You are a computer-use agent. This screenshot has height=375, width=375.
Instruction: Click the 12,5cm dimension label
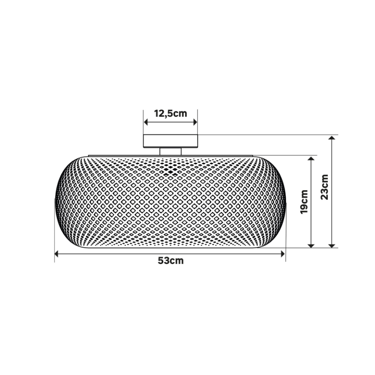coord(170,113)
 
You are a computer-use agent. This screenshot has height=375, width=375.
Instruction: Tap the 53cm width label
coord(171,260)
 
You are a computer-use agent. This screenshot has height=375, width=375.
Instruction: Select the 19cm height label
coord(304,202)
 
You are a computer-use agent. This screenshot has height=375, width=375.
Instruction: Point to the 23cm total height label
coord(325,187)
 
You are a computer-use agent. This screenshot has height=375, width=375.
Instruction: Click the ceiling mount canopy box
coord(171,141)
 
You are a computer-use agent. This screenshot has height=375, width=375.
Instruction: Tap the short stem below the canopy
coord(171,152)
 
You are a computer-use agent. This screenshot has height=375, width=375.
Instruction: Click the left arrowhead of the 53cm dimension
coord(56,254)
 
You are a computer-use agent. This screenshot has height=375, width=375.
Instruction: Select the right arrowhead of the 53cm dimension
coord(283,254)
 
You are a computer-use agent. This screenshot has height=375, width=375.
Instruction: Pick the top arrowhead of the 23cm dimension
coord(331,137)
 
